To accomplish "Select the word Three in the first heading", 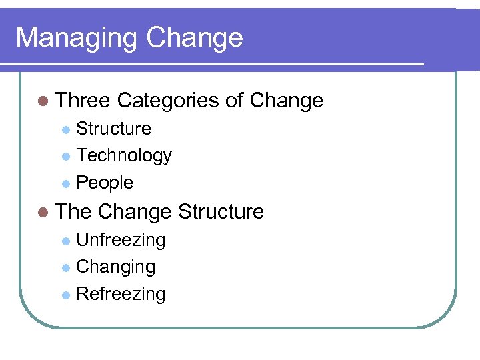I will point(83,101).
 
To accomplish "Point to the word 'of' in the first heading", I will point(234,101).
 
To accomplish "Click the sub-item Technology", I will point(124,155).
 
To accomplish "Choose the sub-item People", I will point(105,183).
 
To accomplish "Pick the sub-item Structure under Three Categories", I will point(113,128).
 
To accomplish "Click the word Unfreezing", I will point(121,239).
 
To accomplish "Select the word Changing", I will point(115,267).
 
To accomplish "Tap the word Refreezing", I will point(121,294).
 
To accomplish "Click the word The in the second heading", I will point(73,212).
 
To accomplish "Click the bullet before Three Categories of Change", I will point(44,101).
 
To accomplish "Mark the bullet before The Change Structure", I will point(44,213).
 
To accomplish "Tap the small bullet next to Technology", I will point(65,157).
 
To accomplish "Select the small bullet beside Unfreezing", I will point(65,241).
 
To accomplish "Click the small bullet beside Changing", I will point(65,268).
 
